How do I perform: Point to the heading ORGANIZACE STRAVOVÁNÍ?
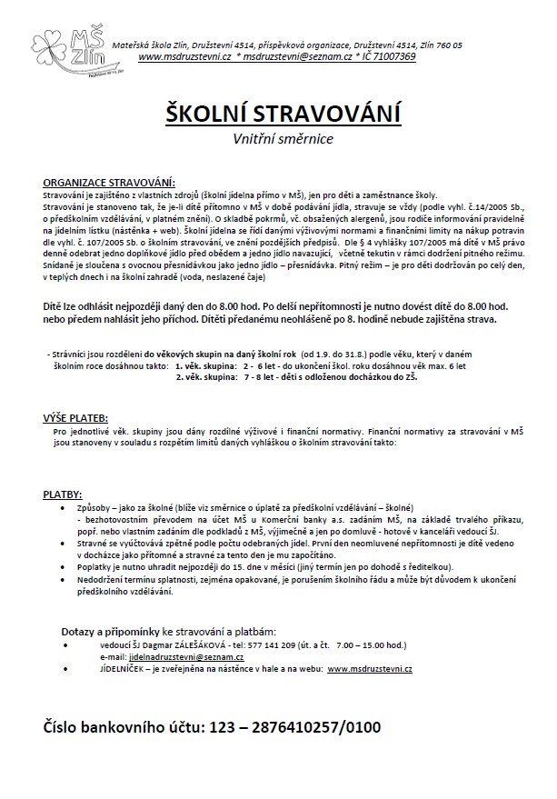click(109, 184)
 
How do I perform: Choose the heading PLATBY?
click(63, 493)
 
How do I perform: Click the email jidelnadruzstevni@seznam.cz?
click(184, 655)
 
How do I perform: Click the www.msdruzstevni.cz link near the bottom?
click(370, 668)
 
